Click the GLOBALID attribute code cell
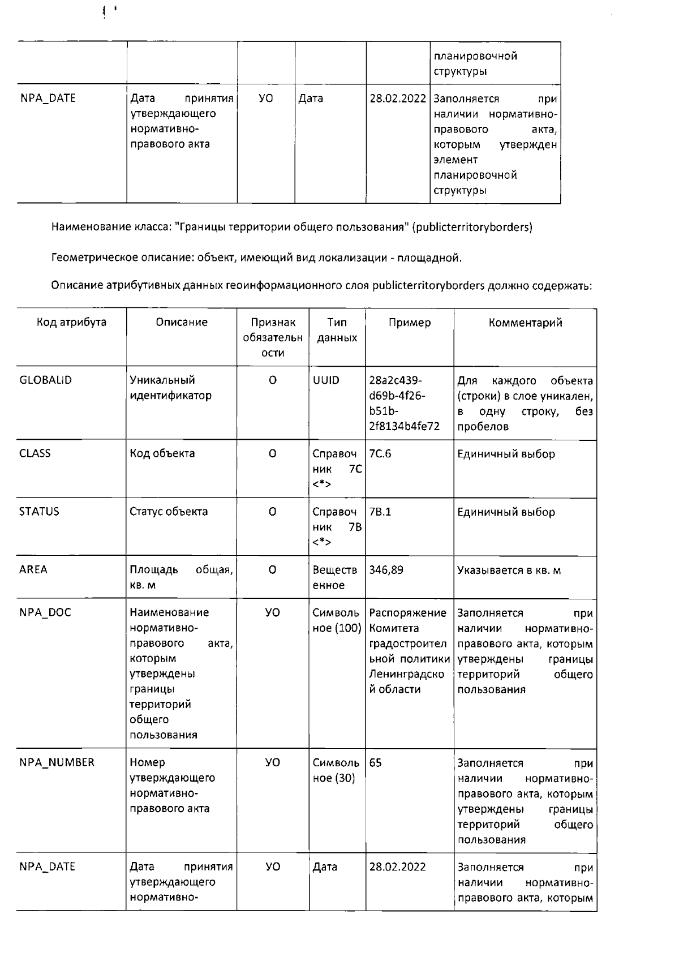(x=46, y=380)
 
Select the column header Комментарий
(x=525, y=323)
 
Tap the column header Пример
(x=410, y=323)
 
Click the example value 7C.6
(x=380, y=454)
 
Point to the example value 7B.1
(x=380, y=512)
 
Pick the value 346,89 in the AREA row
(x=386, y=570)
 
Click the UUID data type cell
(x=326, y=380)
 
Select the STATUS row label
(x=39, y=512)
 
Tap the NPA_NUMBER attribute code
(x=57, y=762)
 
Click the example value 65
(x=376, y=763)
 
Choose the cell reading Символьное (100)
(x=337, y=620)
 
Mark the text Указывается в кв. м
(x=509, y=570)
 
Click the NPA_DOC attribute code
(x=45, y=612)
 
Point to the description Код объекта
(x=162, y=453)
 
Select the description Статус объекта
(x=169, y=512)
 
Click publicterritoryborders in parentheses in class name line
(x=472, y=228)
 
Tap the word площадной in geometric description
(x=429, y=259)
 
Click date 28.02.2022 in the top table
(x=398, y=98)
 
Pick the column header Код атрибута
(x=71, y=323)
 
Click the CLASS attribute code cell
(x=35, y=453)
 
